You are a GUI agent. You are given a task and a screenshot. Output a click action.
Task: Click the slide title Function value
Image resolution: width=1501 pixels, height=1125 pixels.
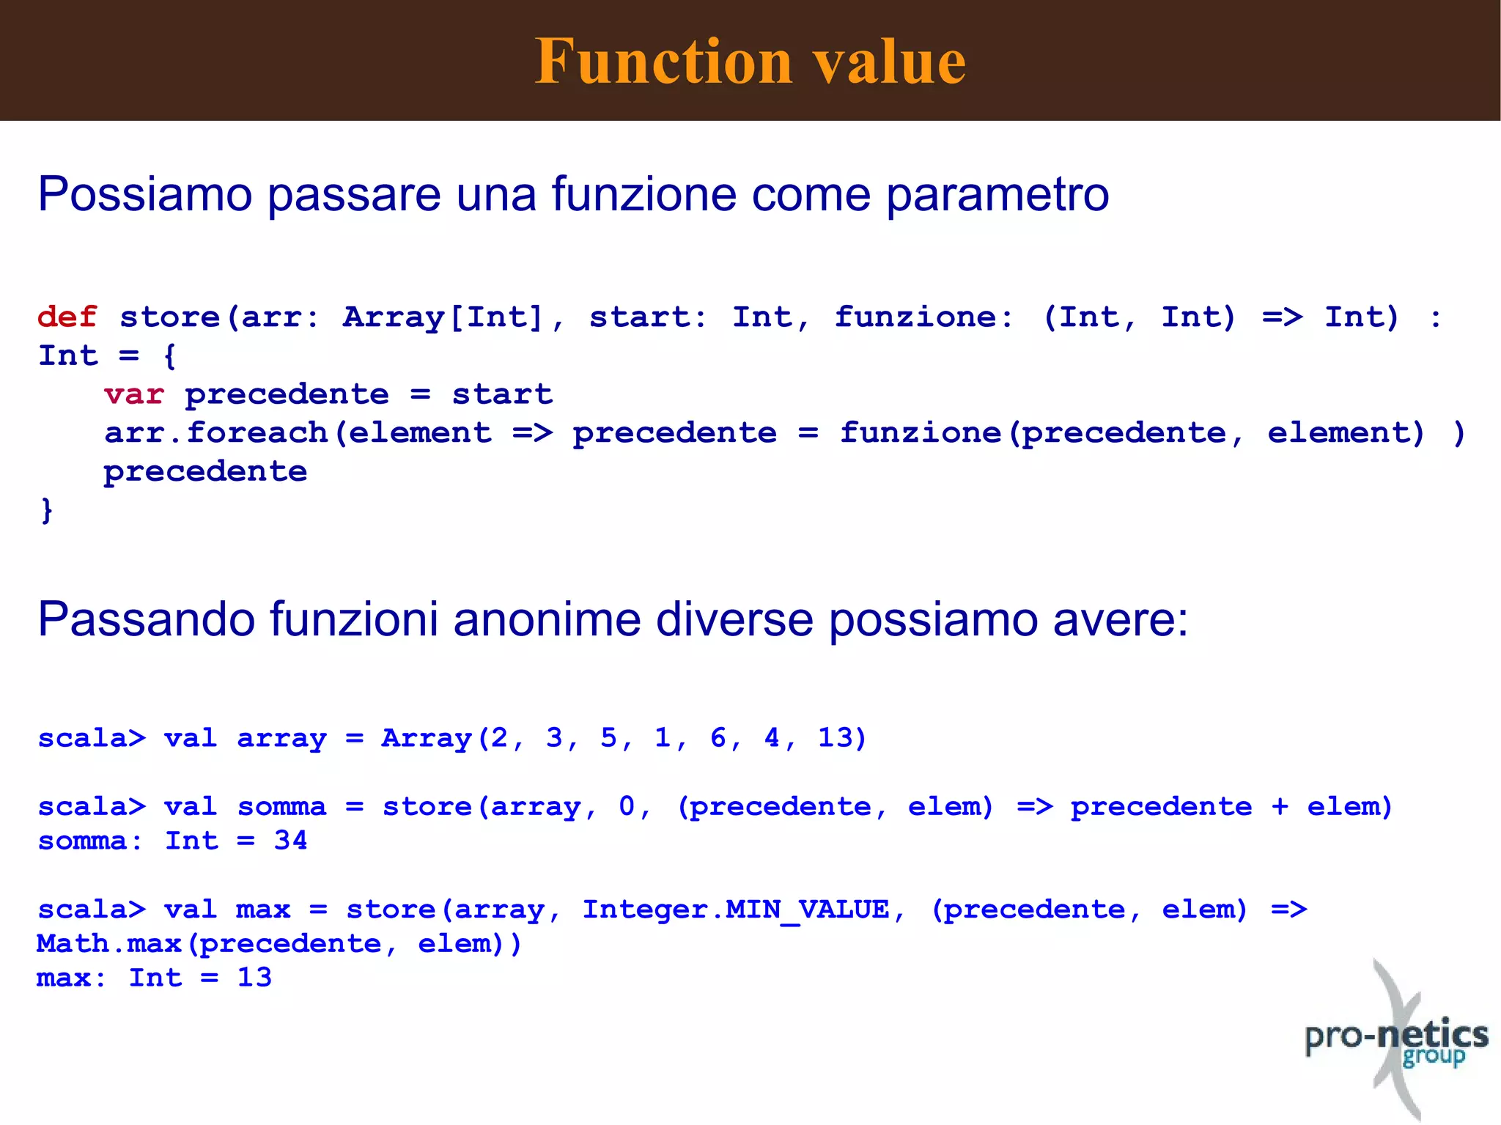click(750, 62)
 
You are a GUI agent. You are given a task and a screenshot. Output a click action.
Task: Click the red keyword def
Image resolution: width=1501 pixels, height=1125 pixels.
click(67, 317)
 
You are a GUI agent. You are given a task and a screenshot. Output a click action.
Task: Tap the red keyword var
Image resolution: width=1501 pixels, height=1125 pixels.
click(133, 395)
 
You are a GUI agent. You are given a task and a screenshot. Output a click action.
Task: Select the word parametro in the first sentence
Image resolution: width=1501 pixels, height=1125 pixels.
click(997, 195)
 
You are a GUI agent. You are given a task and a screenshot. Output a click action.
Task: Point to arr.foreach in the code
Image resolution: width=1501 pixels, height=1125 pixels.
click(215, 433)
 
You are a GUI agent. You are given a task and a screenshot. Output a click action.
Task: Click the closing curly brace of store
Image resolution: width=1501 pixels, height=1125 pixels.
click(46, 510)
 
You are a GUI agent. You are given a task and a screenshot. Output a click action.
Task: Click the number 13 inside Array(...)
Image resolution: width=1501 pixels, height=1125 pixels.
click(833, 738)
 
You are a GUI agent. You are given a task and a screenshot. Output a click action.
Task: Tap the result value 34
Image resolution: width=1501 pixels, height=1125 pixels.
click(290, 841)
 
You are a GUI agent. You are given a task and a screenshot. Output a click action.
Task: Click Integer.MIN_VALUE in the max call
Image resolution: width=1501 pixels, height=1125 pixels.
click(735, 910)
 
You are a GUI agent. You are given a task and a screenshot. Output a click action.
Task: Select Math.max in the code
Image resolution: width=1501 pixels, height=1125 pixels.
click(108, 944)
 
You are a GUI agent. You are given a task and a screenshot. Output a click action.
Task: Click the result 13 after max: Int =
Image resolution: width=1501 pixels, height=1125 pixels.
click(254, 978)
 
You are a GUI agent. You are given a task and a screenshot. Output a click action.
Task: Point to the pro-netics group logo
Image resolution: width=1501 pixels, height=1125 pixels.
click(1397, 1041)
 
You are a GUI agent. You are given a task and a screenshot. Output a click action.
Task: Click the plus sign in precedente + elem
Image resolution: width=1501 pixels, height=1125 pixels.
click(1280, 807)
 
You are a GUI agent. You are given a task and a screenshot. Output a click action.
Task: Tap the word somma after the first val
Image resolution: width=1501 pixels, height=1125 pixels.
click(281, 807)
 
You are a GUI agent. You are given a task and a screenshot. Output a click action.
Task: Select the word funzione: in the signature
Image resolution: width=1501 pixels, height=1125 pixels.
click(924, 317)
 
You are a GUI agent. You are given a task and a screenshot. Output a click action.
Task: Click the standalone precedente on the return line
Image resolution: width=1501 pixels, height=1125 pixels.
click(205, 472)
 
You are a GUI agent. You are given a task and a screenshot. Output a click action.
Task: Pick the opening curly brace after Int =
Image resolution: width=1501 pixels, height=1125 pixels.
click(169, 356)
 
